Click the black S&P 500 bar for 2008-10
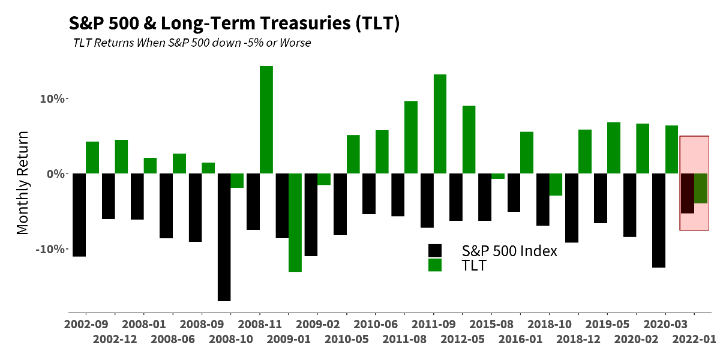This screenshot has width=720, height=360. [224, 237]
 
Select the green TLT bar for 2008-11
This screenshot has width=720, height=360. [266, 120]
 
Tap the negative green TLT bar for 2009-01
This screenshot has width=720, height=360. [295, 223]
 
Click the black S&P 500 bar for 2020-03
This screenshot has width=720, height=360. [658, 220]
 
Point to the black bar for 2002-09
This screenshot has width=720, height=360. [79, 215]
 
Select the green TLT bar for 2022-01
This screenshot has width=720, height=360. [700, 188]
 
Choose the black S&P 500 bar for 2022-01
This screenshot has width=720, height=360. [687, 193]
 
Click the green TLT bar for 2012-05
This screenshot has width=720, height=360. [469, 140]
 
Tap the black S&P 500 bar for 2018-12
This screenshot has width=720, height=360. [572, 208]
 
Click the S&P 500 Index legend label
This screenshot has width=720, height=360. [509, 251]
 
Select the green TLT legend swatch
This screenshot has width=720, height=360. [434, 265]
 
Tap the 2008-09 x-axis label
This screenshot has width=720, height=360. [202, 324]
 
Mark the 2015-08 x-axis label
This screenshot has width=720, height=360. [491, 324]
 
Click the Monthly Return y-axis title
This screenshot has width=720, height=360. [23, 182]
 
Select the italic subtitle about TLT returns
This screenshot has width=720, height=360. [191, 43]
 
